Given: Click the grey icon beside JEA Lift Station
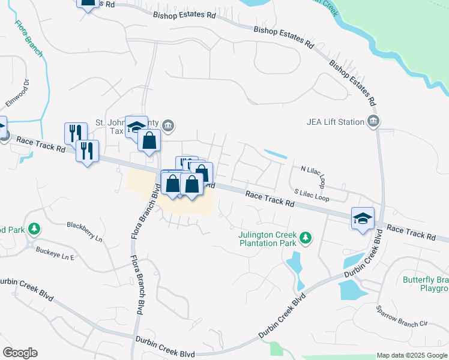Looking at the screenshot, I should [x=373, y=122].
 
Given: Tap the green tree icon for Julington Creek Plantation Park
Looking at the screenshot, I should [x=306, y=238].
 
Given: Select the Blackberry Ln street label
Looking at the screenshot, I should [x=85, y=231].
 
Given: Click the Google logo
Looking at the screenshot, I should [x=19, y=353].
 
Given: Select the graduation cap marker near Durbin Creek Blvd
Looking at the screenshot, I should [x=363, y=219].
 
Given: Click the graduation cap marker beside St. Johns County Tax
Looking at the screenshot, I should [x=136, y=127].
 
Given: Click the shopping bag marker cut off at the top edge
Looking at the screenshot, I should [x=88, y=3].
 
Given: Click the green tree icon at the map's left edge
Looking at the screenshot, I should [x=35, y=229].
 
